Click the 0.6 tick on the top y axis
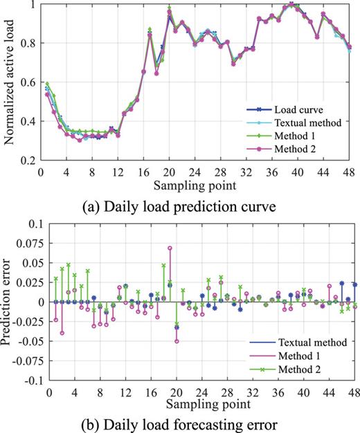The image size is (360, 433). coord(30,82)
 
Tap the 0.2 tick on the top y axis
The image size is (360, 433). coord(30,160)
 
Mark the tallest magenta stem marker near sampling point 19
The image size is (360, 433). coord(170,248)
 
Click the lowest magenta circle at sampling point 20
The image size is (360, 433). coord(177,341)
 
